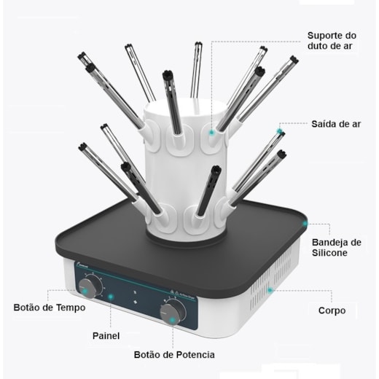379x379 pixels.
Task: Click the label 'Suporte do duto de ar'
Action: pyautogui.click(x=331, y=41)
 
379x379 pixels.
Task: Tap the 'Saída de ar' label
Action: pyautogui.click(x=336, y=123)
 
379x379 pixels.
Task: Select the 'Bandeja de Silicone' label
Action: pyautogui.click(x=335, y=247)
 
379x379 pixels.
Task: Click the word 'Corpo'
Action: pyautogui.click(x=332, y=310)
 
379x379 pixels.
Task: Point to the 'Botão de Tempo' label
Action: pyautogui.click(x=50, y=308)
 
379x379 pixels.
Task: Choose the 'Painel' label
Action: pyautogui.click(x=106, y=336)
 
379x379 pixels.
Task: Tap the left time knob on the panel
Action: pyautogui.click(x=90, y=286)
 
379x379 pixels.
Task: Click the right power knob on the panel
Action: pyautogui.click(x=173, y=311)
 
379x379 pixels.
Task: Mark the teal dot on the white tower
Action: pyautogui.click(x=211, y=133)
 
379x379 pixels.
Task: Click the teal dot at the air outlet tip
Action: pyautogui.click(x=279, y=133)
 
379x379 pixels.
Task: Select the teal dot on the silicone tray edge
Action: pyautogui.click(x=305, y=222)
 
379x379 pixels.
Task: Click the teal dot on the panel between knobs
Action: pyautogui.click(x=111, y=297)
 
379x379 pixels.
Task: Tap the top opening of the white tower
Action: pyautogui.click(x=179, y=106)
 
